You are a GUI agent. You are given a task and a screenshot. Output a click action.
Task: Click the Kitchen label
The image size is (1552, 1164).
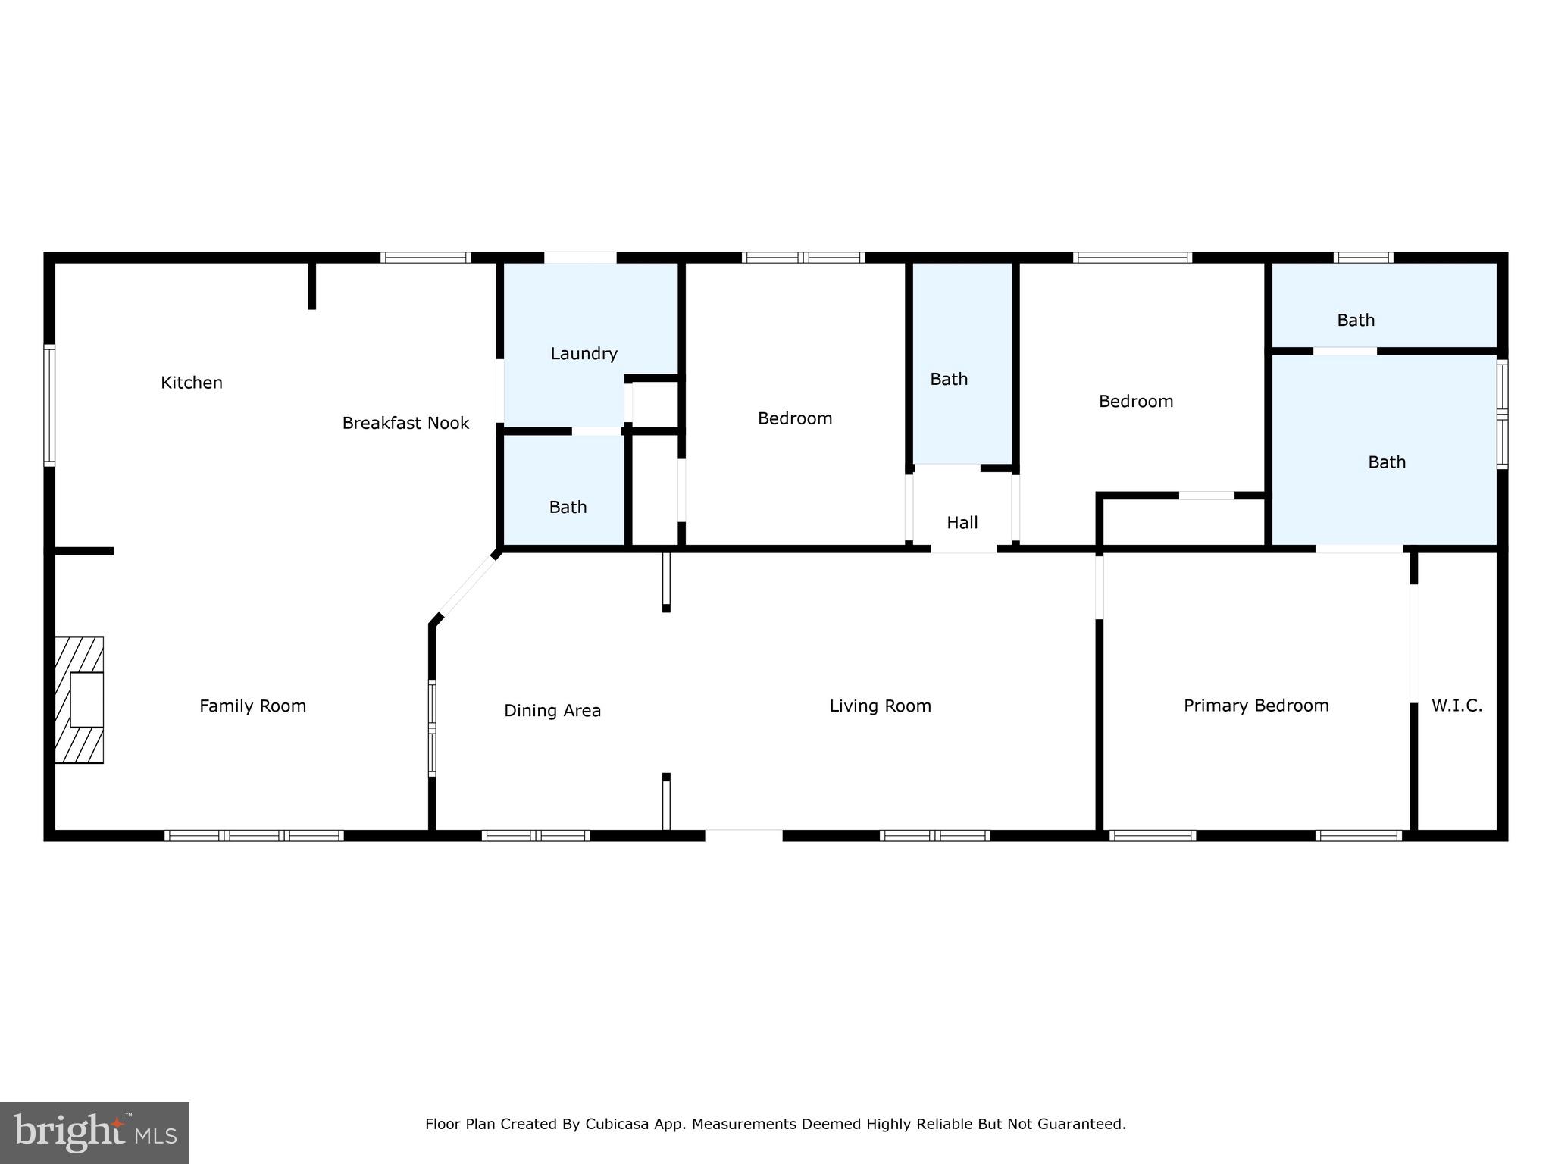[192, 383]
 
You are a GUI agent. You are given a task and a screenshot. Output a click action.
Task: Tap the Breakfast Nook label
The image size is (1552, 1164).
[405, 423]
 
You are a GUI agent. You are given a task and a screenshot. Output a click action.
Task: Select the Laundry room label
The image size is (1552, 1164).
[584, 353]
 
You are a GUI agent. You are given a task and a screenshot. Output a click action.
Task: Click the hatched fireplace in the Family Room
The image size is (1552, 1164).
[79, 699]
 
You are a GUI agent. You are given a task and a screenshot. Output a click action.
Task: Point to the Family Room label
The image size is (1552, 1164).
[252, 706]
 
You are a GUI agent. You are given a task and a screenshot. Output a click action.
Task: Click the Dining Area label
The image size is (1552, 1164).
[552, 710]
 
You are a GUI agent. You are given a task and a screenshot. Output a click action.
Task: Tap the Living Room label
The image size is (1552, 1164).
[880, 706]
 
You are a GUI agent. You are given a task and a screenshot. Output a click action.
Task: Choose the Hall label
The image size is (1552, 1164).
[962, 522]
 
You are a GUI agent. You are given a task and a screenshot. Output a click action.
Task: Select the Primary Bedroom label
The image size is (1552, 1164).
[1256, 706]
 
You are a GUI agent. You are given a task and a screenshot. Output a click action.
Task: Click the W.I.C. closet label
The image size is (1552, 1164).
[1457, 706]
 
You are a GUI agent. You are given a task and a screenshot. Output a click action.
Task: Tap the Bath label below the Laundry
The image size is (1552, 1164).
[568, 507]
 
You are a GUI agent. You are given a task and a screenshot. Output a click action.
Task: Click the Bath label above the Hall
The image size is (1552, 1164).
[949, 379]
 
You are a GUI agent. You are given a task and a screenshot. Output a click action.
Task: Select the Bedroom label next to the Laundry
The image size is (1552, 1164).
[795, 418]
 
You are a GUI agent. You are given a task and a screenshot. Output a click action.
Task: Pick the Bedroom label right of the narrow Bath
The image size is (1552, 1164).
[1135, 401]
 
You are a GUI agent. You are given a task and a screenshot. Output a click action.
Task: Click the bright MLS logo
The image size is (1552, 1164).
[95, 1132]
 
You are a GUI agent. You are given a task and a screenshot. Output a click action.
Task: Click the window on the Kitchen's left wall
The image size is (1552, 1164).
[49, 405]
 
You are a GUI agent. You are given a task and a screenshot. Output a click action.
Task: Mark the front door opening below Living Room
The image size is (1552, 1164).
[743, 835]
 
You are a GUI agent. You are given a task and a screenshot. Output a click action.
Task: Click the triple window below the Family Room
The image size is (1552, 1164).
[254, 835]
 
